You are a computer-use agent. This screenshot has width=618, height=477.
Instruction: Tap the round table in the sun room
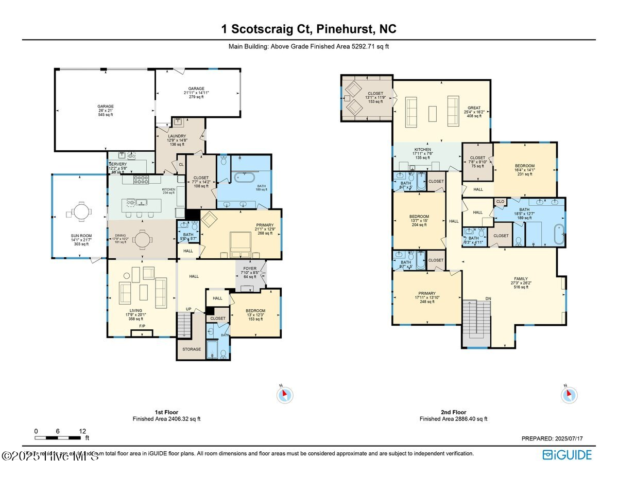(80, 211)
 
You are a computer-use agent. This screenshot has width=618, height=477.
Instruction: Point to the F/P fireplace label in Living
(142, 326)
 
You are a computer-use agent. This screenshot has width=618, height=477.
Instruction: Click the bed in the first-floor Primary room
(240, 242)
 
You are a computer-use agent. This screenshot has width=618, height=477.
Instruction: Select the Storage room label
(192, 349)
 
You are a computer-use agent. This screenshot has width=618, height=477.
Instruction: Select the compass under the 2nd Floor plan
(569, 395)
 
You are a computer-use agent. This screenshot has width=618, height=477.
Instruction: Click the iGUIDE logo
(567, 455)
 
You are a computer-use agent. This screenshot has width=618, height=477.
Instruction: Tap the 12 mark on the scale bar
(82, 431)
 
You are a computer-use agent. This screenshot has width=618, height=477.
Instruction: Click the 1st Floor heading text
(166, 412)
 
